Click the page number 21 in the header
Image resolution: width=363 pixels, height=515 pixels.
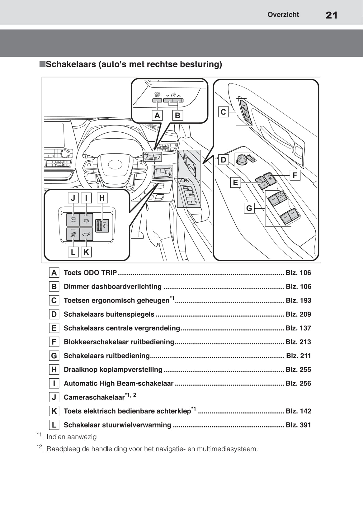coord(331,15)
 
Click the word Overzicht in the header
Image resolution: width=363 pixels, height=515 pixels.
coord(283,15)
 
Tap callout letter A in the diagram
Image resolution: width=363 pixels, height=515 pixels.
coord(157,116)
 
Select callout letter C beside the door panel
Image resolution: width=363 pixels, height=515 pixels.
coord(223,112)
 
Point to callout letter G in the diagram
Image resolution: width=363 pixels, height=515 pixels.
coord(249,208)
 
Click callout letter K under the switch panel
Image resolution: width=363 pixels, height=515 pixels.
coord(86,252)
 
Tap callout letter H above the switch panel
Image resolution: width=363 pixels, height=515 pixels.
coord(102,198)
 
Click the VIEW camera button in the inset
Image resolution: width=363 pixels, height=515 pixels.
coord(73,220)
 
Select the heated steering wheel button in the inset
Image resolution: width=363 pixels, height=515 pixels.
coord(73,234)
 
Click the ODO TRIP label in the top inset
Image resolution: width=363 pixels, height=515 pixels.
coord(157,95)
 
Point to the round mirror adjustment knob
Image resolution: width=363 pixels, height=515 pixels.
coord(242,159)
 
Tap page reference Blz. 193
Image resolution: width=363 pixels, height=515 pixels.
coord(298,300)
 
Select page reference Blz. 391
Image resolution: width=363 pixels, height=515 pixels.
coord(298,425)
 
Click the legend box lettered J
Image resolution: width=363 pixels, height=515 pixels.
coord(54,397)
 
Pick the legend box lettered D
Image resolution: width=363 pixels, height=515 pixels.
coord(54,314)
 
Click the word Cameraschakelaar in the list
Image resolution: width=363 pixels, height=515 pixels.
coord(94,398)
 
